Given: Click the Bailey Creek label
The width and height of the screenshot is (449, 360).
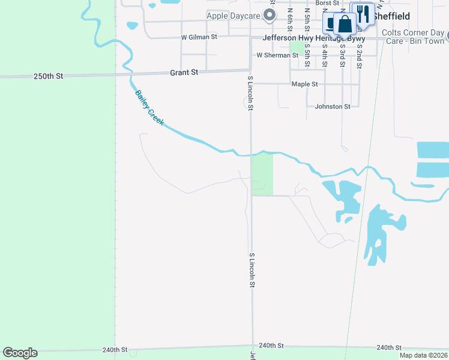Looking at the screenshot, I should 149,108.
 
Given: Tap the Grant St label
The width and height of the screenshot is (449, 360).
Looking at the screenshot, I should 184,72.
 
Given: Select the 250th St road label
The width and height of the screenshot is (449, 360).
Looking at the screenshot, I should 48,76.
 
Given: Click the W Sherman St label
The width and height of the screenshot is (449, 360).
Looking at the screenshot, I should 277,55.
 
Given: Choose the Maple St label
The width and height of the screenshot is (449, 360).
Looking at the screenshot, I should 304,84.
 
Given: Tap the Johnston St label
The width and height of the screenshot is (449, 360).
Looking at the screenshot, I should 333,106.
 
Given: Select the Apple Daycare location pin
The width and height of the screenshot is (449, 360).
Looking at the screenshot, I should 271,15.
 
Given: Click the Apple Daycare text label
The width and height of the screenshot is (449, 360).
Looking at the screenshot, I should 234,16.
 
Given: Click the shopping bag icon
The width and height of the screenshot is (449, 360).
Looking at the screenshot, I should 345,25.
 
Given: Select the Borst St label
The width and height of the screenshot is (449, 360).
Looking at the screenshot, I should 327,3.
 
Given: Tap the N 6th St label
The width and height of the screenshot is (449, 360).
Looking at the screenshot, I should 290,19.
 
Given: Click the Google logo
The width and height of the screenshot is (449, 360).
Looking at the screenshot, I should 20,353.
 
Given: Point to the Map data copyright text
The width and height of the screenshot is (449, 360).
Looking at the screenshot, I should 424,355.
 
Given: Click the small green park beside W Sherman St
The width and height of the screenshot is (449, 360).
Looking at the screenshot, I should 297,47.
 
